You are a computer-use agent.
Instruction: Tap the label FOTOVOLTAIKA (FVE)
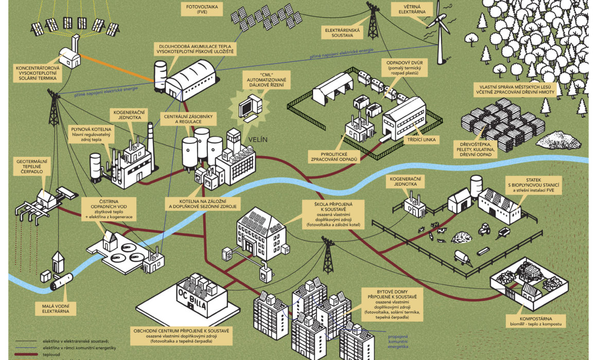point(202,9)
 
